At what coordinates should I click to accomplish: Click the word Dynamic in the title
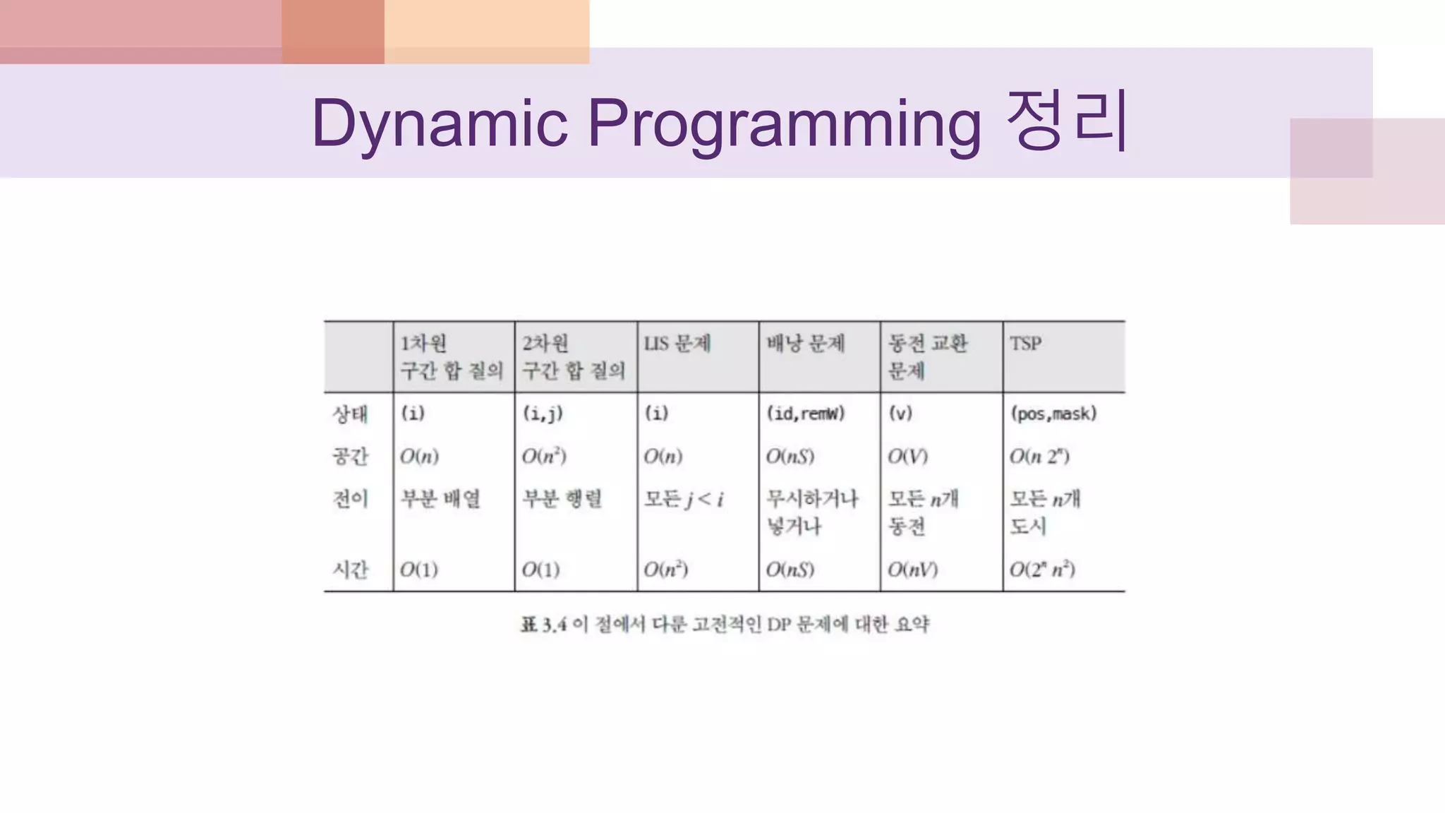click(x=439, y=123)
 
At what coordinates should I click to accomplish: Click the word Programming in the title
click(x=784, y=123)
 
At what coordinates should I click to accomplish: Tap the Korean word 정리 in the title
click(x=1067, y=121)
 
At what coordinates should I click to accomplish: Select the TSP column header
click(x=1025, y=344)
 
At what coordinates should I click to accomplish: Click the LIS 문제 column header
click(x=677, y=344)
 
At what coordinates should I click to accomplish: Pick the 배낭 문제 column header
click(x=805, y=344)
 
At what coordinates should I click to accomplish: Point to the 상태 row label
click(x=350, y=414)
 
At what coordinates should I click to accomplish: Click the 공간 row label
click(x=350, y=456)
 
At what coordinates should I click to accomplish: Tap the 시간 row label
click(x=350, y=569)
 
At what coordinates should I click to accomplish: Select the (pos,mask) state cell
click(x=1053, y=414)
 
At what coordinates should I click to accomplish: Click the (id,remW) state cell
click(x=805, y=414)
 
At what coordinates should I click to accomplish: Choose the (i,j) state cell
click(x=543, y=414)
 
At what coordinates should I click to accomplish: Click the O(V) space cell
click(x=907, y=457)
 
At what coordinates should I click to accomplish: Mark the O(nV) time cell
click(x=912, y=570)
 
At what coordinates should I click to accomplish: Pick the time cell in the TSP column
click(x=1042, y=570)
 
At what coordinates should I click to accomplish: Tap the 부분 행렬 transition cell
click(x=562, y=499)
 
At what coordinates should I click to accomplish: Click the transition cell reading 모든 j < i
click(x=683, y=500)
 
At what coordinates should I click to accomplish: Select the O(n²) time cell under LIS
click(x=665, y=570)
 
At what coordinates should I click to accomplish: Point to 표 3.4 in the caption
click(x=543, y=625)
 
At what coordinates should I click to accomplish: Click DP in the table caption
click(x=779, y=625)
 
